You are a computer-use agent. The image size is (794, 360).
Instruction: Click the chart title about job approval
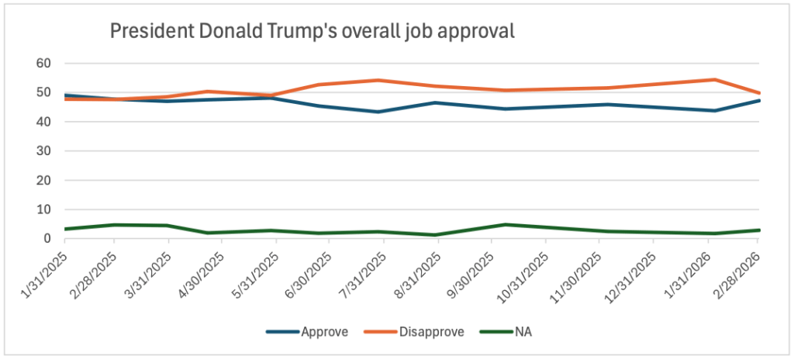click(x=312, y=31)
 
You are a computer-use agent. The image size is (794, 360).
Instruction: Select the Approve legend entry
click(x=307, y=332)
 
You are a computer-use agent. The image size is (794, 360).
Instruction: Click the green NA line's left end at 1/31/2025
click(x=65, y=229)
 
